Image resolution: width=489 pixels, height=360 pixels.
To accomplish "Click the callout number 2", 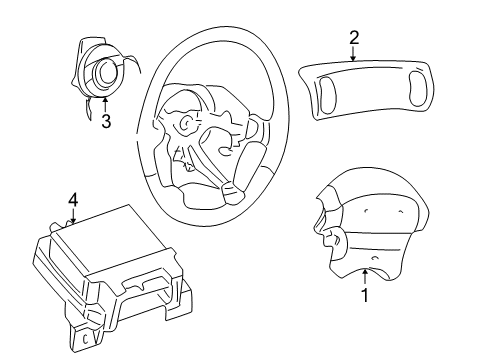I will [354, 38].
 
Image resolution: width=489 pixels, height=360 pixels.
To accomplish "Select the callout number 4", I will [72, 198].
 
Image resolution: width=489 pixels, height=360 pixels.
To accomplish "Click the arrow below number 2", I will [354, 55].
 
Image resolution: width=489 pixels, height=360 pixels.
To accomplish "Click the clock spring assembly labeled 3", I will [106, 68].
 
